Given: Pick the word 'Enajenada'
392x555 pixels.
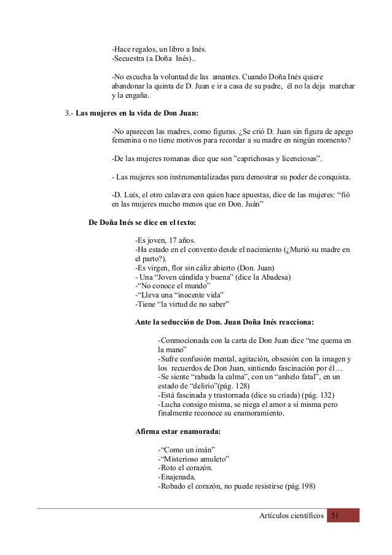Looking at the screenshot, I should pos(178,476).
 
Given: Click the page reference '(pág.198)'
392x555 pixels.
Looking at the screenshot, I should pos(296,486).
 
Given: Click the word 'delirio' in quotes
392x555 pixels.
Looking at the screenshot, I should pos(200,385).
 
